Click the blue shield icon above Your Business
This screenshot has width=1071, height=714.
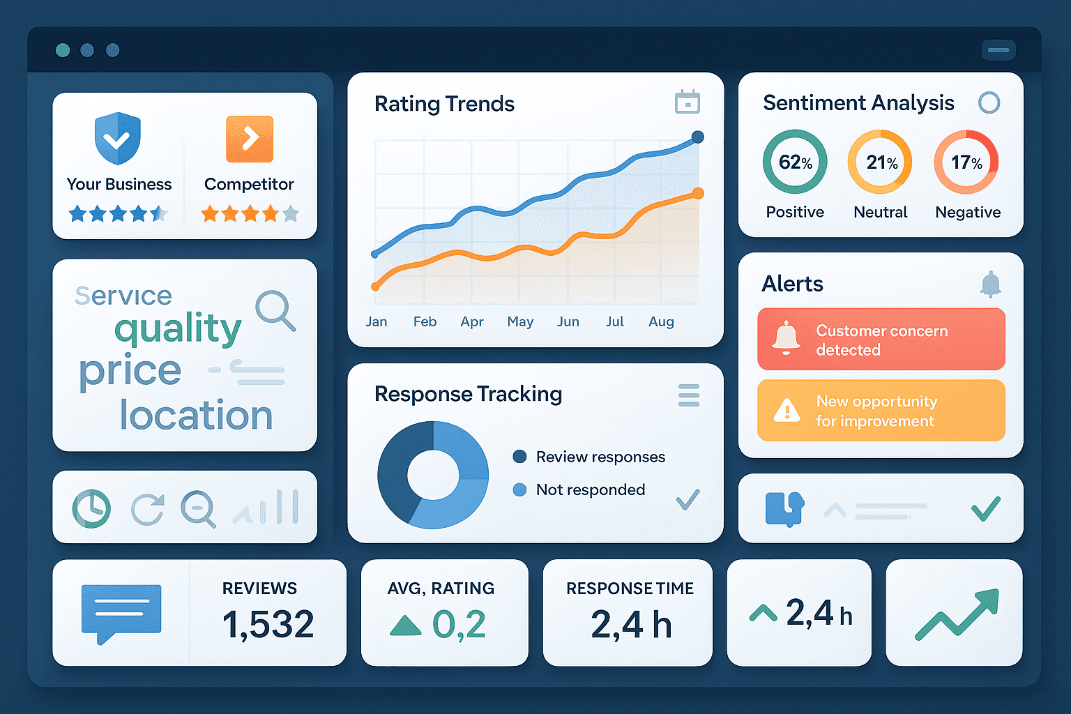(117, 138)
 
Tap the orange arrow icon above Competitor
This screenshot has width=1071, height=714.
(250, 139)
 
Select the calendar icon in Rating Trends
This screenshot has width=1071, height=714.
(688, 102)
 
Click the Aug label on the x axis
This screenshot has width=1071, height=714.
(661, 321)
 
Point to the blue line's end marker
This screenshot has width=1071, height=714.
(697, 137)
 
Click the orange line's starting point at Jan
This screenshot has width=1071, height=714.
(376, 286)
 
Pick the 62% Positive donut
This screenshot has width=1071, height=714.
(795, 162)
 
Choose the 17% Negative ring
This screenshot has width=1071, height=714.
(966, 162)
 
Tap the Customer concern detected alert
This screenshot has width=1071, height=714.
(881, 340)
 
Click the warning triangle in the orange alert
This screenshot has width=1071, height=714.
(787, 410)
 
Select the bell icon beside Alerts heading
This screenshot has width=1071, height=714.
(990, 284)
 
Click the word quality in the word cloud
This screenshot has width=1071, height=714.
(178, 328)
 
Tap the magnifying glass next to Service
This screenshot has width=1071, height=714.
(275, 310)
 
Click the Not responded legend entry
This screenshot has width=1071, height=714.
(590, 489)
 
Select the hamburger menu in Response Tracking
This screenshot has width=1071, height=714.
(689, 395)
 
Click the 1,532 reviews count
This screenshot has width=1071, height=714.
(268, 624)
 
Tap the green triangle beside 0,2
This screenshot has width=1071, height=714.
(406, 625)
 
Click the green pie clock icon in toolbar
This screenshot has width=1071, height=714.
(91, 508)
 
